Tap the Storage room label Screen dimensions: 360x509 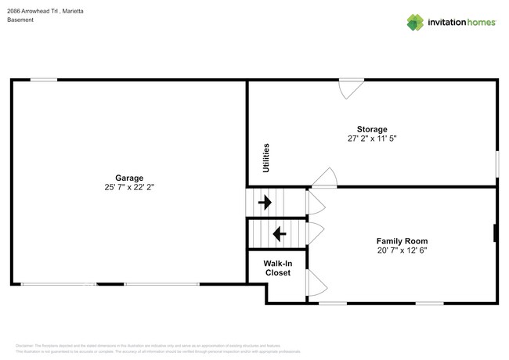coord(372,129)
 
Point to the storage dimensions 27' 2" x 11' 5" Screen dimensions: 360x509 coord(372,139)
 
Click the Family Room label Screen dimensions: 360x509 coord(402,241)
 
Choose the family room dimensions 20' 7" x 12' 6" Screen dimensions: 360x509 coord(402,251)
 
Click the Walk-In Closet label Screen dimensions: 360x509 coord(277,268)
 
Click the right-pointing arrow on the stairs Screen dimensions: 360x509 coord(265,203)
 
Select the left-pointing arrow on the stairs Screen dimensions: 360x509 coord(277,233)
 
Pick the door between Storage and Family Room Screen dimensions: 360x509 coord(324,178)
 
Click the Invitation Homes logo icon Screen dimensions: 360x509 coord(414,22)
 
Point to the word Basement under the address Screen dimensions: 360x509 coord(20,20)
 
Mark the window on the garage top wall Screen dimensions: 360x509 coord(44,80)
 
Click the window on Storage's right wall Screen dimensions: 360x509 coord(496,164)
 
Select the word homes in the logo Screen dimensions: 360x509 coord(480,22)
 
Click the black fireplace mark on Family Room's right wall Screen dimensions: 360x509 coord(495,234)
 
